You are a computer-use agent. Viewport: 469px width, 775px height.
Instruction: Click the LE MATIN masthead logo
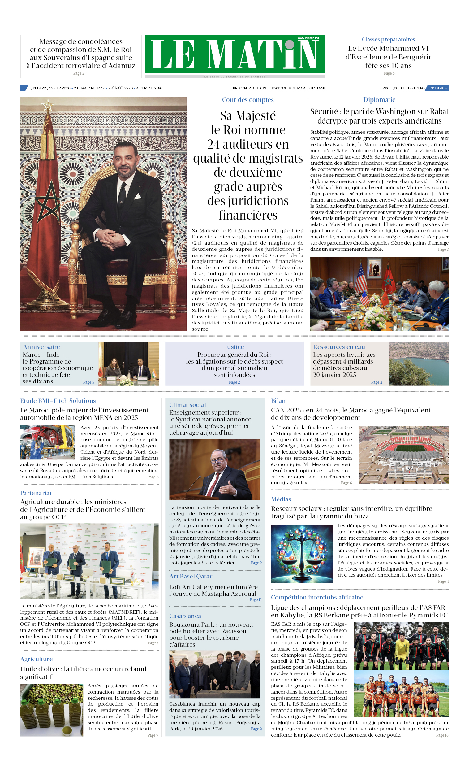pyautogui.click(x=234, y=54)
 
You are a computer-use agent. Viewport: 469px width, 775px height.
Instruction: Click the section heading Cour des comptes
pyautogui.click(x=248, y=100)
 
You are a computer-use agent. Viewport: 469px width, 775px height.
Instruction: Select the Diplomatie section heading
pyautogui.click(x=379, y=100)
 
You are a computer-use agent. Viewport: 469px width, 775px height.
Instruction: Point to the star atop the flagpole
pyautogui.click(x=48, y=105)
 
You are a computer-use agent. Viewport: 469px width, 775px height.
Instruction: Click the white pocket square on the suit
pyautogui.click(x=138, y=197)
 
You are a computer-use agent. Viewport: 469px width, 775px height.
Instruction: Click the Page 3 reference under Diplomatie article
pyautogui.click(x=443, y=250)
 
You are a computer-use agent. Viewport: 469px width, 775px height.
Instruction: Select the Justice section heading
pyautogui.click(x=234, y=347)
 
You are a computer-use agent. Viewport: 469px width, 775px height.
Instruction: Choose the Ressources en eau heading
pyautogui.click(x=339, y=347)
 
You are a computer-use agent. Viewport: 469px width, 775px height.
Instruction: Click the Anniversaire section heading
pyautogui.click(x=41, y=347)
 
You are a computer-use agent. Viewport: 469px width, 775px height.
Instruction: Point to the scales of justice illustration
pyautogui.click(x=301, y=554)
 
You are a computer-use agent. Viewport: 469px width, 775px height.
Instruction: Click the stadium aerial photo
pyautogui.click(x=404, y=455)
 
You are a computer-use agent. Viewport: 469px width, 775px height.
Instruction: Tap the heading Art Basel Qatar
pyautogui.click(x=191, y=576)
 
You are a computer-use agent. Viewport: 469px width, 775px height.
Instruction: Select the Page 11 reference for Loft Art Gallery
pyautogui.click(x=255, y=599)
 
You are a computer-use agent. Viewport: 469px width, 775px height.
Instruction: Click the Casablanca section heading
pyautogui.click(x=185, y=616)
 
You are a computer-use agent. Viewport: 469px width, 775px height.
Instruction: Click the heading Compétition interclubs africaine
pyautogui.click(x=317, y=597)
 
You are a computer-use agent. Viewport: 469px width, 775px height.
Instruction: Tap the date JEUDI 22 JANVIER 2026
pyautogui.click(x=51, y=88)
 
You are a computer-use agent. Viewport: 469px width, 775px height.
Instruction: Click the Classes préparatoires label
pyautogui.click(x=388, y=40)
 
